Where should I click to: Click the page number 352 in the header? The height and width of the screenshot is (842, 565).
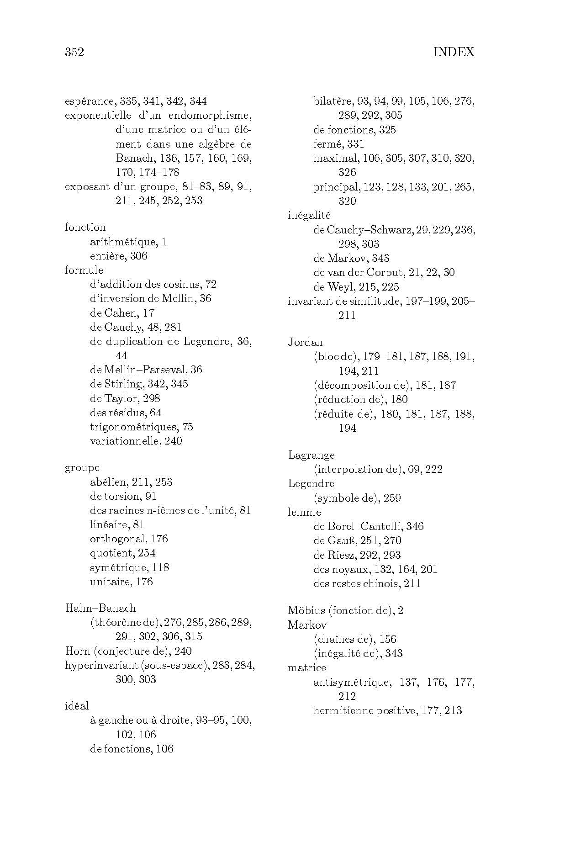tap(74, 52)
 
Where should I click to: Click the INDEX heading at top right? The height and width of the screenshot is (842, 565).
tap(454, 52)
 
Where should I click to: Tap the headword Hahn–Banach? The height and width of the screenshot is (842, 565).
tap(100, 608)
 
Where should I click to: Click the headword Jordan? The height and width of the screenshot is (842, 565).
tap(305, 342)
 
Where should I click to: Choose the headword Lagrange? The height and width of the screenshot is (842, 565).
tap(311, 455)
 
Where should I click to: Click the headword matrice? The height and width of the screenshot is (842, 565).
tap(307, 667)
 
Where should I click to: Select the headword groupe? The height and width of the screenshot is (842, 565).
tap(82, 468)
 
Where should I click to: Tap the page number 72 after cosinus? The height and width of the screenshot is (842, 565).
tap(211, 284)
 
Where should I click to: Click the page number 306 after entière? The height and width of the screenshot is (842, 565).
tap(139, 256)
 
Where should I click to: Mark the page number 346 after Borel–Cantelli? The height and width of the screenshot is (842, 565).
tap(414, 526)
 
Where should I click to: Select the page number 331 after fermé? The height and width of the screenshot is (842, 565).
tap(355, 144)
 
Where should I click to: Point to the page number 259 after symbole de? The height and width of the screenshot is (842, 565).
tap(392, 498)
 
